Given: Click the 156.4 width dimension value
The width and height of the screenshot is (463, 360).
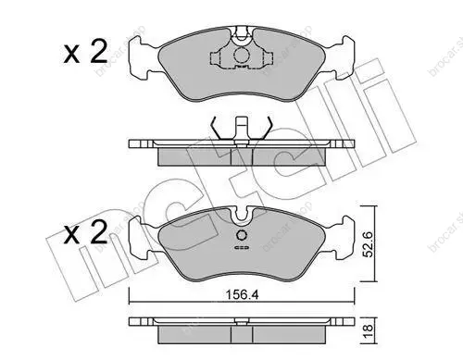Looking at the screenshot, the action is click(x=243, y=295).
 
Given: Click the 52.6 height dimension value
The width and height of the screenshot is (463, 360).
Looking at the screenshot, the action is click(x=369, y=244).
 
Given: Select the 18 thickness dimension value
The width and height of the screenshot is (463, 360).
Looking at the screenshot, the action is click(x=369, y=331).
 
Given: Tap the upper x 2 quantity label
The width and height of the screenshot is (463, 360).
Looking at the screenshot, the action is click(x=86, y=53).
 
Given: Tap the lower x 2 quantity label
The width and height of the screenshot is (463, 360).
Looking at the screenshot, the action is click(x=86, y=233).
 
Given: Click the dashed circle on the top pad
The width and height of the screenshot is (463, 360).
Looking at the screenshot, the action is click(x=242, y=56).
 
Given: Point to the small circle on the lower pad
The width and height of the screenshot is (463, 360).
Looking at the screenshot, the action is click(x=242, y=235).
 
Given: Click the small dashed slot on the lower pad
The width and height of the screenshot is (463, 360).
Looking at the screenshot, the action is click(x=242, y=247).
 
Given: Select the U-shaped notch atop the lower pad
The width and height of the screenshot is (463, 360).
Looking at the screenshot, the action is click(x=242, y=216).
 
